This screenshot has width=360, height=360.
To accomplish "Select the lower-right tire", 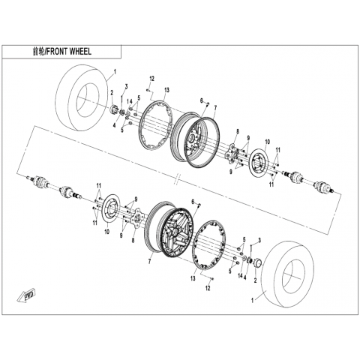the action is (287, 273).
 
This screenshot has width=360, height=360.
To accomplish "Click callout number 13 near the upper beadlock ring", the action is (166, 90).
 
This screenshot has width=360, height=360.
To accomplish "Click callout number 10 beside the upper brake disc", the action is (268, 142).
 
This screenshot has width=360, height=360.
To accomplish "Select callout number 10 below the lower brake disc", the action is (107, 232).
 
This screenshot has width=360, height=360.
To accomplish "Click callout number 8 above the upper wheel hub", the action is (238, 131).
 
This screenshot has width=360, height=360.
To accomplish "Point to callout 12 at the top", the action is (152, 79).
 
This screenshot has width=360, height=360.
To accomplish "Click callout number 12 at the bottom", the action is (208, 288).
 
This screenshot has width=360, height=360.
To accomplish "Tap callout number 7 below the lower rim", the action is (149, 262).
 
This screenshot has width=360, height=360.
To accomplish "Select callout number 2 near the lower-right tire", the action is (255, 280).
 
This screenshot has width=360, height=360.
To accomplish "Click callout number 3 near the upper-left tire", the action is (126, 87).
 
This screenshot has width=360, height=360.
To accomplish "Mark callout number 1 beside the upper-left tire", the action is (115, 72).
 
